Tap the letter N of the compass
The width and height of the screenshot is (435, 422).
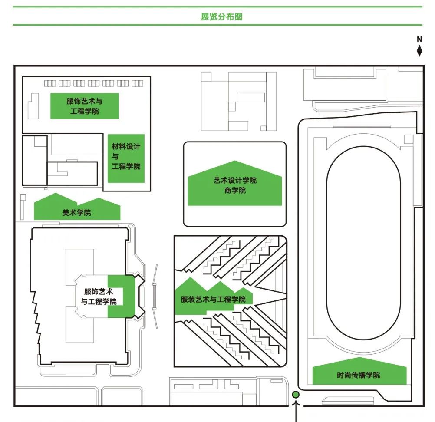pyautogui.click(x=419, y=40)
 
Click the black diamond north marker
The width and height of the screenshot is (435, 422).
pyautogui.click(x=419, y=50)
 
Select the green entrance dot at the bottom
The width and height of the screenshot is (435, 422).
pyautogui.click(x=296, y=395)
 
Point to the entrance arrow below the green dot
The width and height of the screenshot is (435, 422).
pyautogui.click(x=296, y=410)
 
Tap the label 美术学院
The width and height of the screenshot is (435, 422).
pyautogui.click(x=77, y=213)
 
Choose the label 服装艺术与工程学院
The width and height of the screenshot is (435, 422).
pyautogui.click(x=213, y=299)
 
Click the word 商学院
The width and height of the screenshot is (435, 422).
pyautogui.click(x=235, y=190)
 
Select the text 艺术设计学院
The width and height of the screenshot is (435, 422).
pyautogui.click(x=235, y=180)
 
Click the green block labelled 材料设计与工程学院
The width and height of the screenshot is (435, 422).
pyautogui.click(x=126, y=158)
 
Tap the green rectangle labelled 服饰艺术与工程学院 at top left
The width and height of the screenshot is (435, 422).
pyautogui.click(x=85, y=106)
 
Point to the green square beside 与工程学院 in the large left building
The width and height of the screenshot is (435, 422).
pyautogui.click(x=122, y=297)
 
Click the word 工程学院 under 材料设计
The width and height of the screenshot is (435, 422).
pyautogui.click(x=126, y=166)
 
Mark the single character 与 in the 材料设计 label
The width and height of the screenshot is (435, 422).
pyautogui.click(x=115, y=157)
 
